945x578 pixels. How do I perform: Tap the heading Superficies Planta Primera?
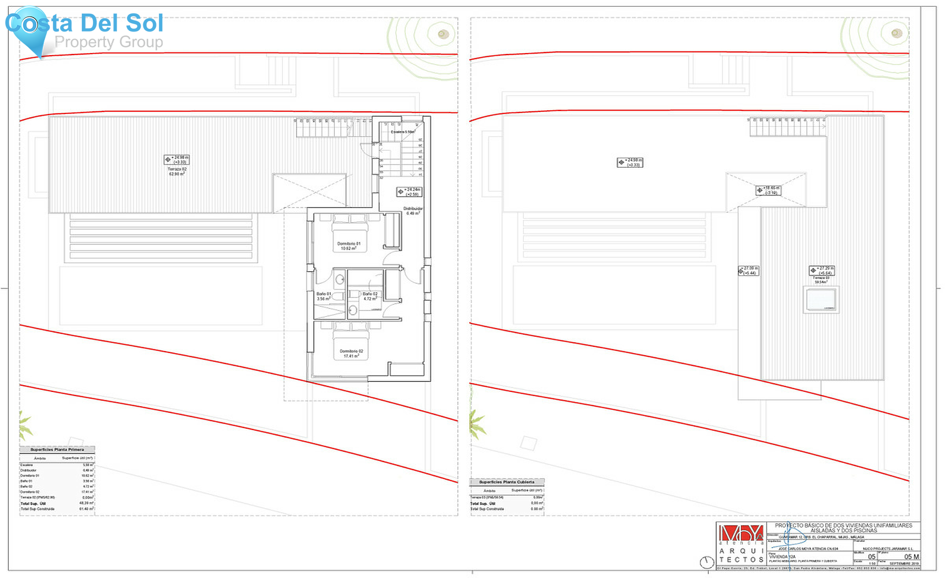57,450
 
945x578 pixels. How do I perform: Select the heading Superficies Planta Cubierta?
507,482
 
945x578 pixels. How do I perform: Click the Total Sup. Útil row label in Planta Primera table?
33,503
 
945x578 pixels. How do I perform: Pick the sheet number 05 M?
911,556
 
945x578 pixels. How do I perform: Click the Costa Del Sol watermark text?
84,24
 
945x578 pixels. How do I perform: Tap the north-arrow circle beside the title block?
707,562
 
